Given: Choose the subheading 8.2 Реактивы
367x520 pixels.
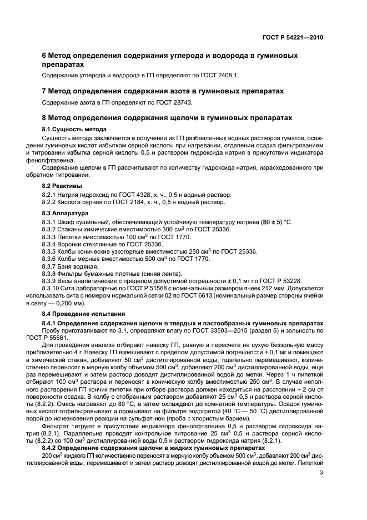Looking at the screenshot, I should pyautogui.click(x=62, y=185).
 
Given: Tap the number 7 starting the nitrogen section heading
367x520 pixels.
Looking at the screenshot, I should pyautogui.click(x=45, y=90).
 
